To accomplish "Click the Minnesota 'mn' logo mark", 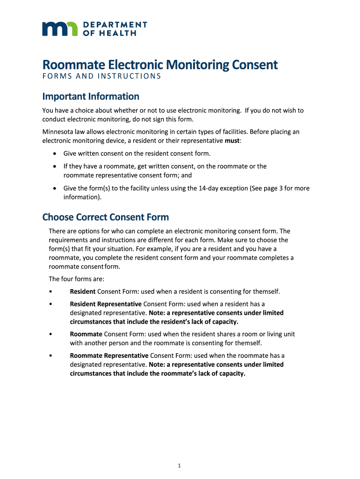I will click(60, 29).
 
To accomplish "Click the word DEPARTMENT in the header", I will click(115, 24).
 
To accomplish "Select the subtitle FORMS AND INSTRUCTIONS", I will click(101, 77).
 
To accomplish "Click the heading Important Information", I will click(91, 96).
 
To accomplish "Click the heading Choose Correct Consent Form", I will click(105, 217).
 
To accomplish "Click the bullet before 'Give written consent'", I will click(55, 153).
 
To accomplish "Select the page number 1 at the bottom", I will click(180, 465).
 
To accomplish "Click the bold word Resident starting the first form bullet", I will click(83, 291).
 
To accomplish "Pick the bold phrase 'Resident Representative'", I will click(106, 304).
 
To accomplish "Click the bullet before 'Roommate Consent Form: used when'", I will click(50, 334).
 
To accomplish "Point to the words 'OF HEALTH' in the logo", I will click(109, 33).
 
